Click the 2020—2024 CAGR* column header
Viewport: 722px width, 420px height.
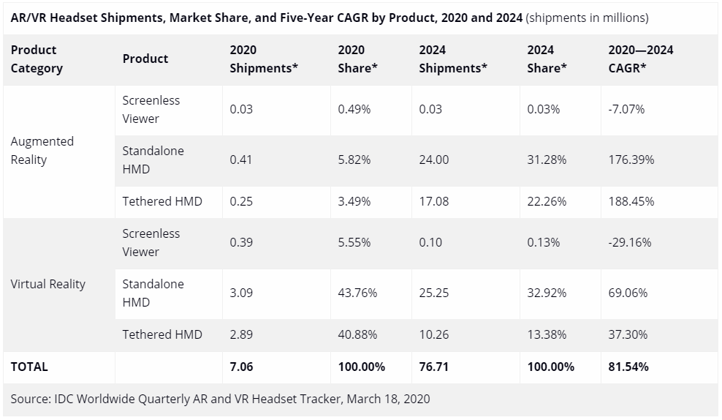pyautogui.click(x=640, y=59)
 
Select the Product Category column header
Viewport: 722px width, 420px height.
pyautogui.click(x=37, y=59)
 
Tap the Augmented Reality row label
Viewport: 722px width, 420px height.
pyautogui.click(x=42, y=151)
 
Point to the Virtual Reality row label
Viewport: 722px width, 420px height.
pyautogui.click(x=47, y=284)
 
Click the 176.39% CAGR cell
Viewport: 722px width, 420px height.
pyautogui.click(x=631, y=160)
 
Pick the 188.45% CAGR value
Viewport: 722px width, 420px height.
pyautogui.click(x=631, y=201)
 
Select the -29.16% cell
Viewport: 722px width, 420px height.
pyautogui.click(x=629, y=242)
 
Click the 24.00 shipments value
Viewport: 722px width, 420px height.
pyautogui.click(x=434, y=160)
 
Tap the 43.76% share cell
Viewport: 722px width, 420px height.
pyautogui.click(x=357, y=293)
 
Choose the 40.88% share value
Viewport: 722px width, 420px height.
pyautogui.click(x=357, y=334)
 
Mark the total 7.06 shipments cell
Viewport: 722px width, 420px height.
pyautogui.click(x=241, y=367)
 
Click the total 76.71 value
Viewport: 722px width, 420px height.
pyautogui.click(x=434, y=367)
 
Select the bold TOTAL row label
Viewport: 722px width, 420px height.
pyautogui.click(x=29, y=367)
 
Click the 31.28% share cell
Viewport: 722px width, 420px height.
pyautogui.click(x=547, y=160)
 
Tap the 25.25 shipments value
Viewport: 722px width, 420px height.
pyautogui.click(x=434, y=293)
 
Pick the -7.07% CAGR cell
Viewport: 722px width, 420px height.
pyautogui.click(x=626, y=110)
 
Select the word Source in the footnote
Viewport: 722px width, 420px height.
pyautogui.click(x=30, y=399)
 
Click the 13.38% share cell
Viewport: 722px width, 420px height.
pyautogui.click(x=547, y=334)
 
